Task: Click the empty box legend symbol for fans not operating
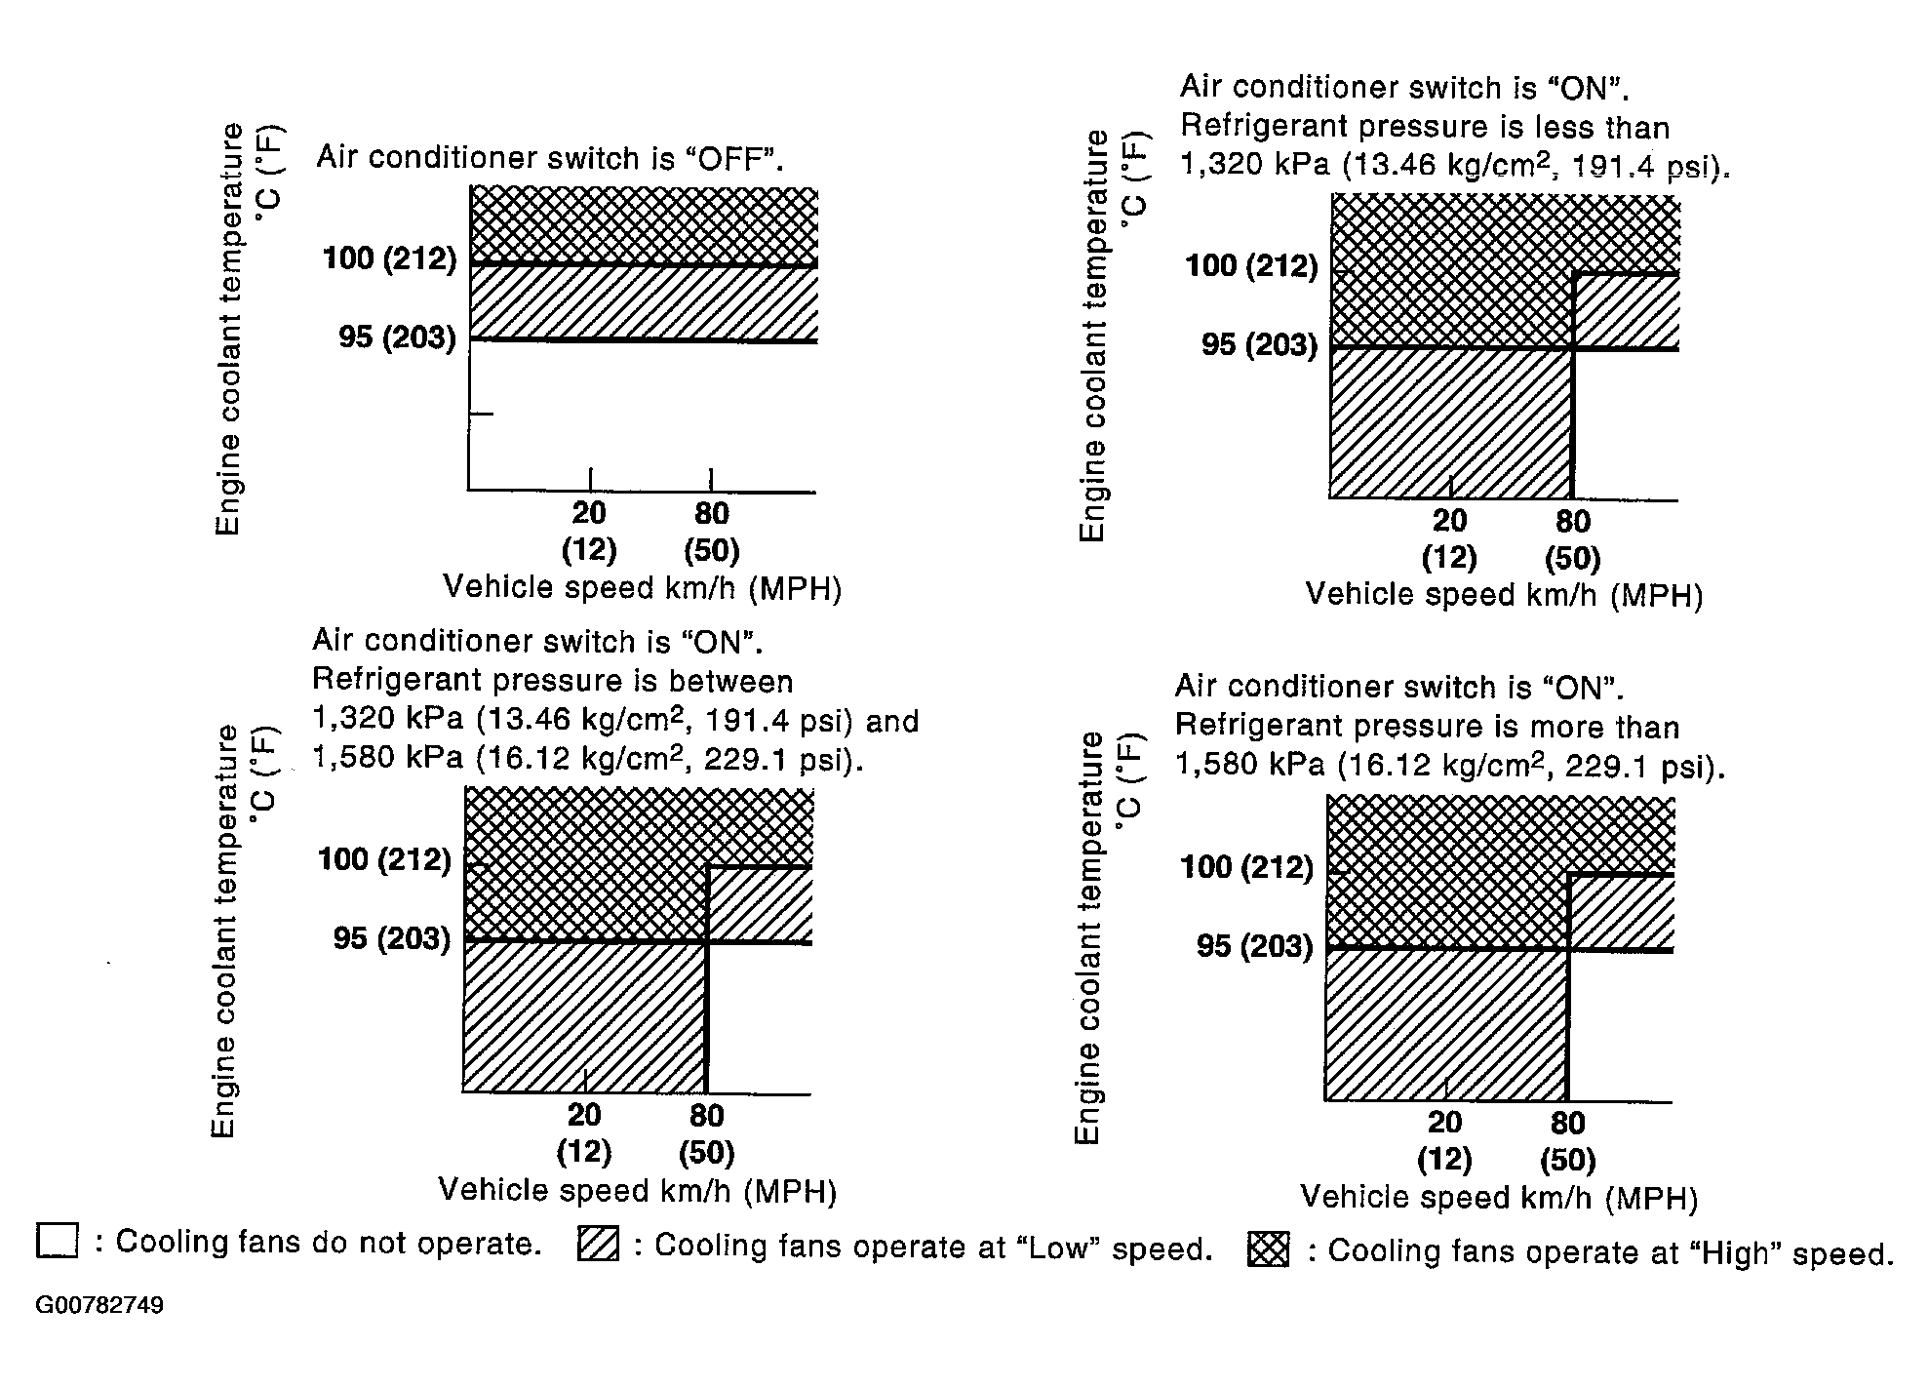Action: [57, 1241]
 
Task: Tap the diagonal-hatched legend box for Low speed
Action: [598, 1244]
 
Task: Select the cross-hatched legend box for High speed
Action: [1268, 1249]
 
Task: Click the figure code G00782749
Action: [99, 1305]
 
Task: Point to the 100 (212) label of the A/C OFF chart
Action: [389, 258]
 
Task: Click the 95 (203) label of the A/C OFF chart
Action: [397, 337]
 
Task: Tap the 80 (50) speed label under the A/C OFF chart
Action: [711, 531]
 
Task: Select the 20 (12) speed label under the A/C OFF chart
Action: [589, 531]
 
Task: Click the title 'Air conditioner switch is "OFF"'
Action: [550, 158]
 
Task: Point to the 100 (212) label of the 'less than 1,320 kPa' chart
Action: [1251, 265]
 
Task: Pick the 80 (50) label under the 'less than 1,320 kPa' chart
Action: [1572, 538]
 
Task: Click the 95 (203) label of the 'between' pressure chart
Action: [392, 938]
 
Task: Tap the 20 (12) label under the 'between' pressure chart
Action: [583, 1132]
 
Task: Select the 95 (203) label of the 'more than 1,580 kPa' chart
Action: [1255, 946]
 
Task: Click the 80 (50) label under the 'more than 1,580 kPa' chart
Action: [1567, 1140]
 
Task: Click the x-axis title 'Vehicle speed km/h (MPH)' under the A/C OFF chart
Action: [642, 588]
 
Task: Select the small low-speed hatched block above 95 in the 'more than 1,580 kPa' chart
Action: [1620, 911]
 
